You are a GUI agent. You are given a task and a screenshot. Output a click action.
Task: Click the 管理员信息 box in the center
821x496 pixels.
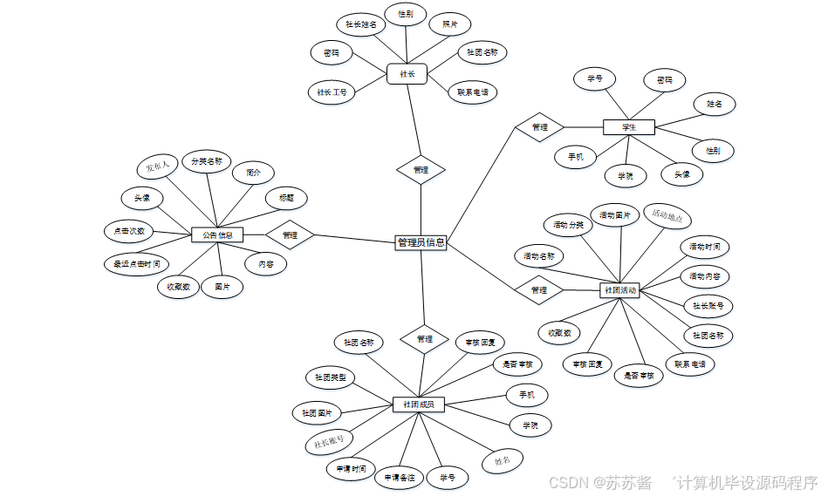[421, 242]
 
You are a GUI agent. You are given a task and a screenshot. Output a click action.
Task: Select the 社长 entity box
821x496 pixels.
[407, 74]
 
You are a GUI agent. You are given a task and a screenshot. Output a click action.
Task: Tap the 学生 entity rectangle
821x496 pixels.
[628, 127]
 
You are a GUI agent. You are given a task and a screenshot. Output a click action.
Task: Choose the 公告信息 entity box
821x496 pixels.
[217, 234]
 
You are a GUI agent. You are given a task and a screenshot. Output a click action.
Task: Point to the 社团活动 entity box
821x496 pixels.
[620, 289]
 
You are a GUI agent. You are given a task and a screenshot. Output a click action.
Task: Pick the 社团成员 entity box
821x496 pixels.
[419, 404]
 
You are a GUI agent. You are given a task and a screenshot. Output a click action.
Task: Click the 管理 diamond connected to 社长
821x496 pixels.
[421, 170]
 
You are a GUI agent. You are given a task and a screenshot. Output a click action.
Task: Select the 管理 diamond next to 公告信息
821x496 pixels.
[291, 235]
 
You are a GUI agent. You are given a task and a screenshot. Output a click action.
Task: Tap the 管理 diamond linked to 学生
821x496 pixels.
[539, 127]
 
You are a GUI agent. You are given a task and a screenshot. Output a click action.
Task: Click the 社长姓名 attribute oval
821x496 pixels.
[359, 24]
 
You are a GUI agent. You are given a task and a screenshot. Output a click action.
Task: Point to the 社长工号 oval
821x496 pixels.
[332, 92]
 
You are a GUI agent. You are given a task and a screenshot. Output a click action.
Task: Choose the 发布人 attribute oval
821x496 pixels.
[158, 166]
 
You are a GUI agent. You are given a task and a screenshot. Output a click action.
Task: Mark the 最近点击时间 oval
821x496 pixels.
[135, 263]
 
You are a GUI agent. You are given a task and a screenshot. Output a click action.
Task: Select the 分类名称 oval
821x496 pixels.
[206, 161]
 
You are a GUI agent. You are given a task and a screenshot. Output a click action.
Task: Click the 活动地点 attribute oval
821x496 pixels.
[668, 214]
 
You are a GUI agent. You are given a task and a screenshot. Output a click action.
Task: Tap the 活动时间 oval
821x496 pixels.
[704, 247]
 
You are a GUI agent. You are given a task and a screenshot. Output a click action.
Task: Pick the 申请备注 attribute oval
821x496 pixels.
[399, 478]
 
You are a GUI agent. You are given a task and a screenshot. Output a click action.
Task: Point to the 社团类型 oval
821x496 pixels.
[330, 377]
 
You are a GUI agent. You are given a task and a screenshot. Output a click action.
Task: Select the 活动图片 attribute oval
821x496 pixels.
[616, 215]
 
